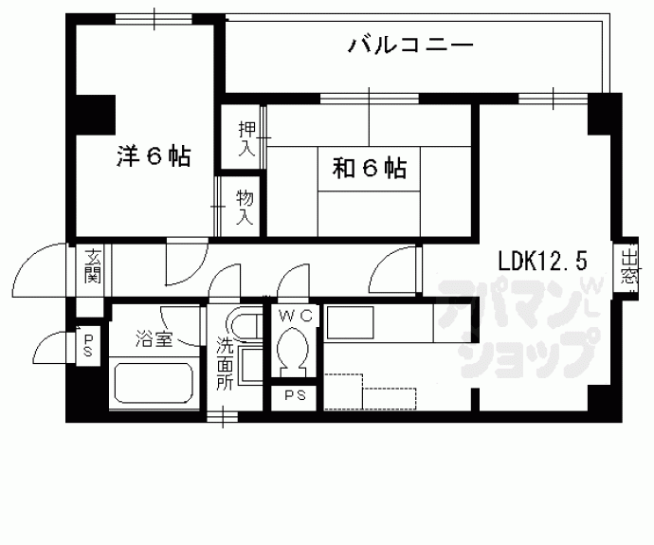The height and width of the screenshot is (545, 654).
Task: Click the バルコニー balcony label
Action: point(409,45)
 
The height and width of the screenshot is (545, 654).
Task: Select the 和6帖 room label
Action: point(369,169)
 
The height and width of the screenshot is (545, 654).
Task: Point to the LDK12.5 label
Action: point(544,259)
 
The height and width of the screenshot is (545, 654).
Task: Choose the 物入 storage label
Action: point(245,207)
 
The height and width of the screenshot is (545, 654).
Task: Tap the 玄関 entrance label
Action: point(92,268)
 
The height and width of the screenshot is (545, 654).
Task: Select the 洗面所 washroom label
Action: point(224,366)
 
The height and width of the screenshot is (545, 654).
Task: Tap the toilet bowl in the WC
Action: point(294,352)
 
